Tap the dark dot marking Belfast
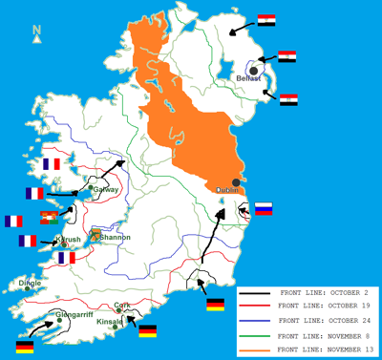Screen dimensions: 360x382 pos(253,70)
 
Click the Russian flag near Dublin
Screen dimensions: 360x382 pos(264,208)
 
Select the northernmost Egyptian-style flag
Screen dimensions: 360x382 pos(266,19)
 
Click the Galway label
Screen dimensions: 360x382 pos(106,189)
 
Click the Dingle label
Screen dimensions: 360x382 pos(31,282)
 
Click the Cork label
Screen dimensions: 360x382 pos(121,306)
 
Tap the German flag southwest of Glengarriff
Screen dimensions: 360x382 pos(25,346)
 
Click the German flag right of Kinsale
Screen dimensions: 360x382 pos(148,330)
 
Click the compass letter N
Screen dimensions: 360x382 pos(36,32)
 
